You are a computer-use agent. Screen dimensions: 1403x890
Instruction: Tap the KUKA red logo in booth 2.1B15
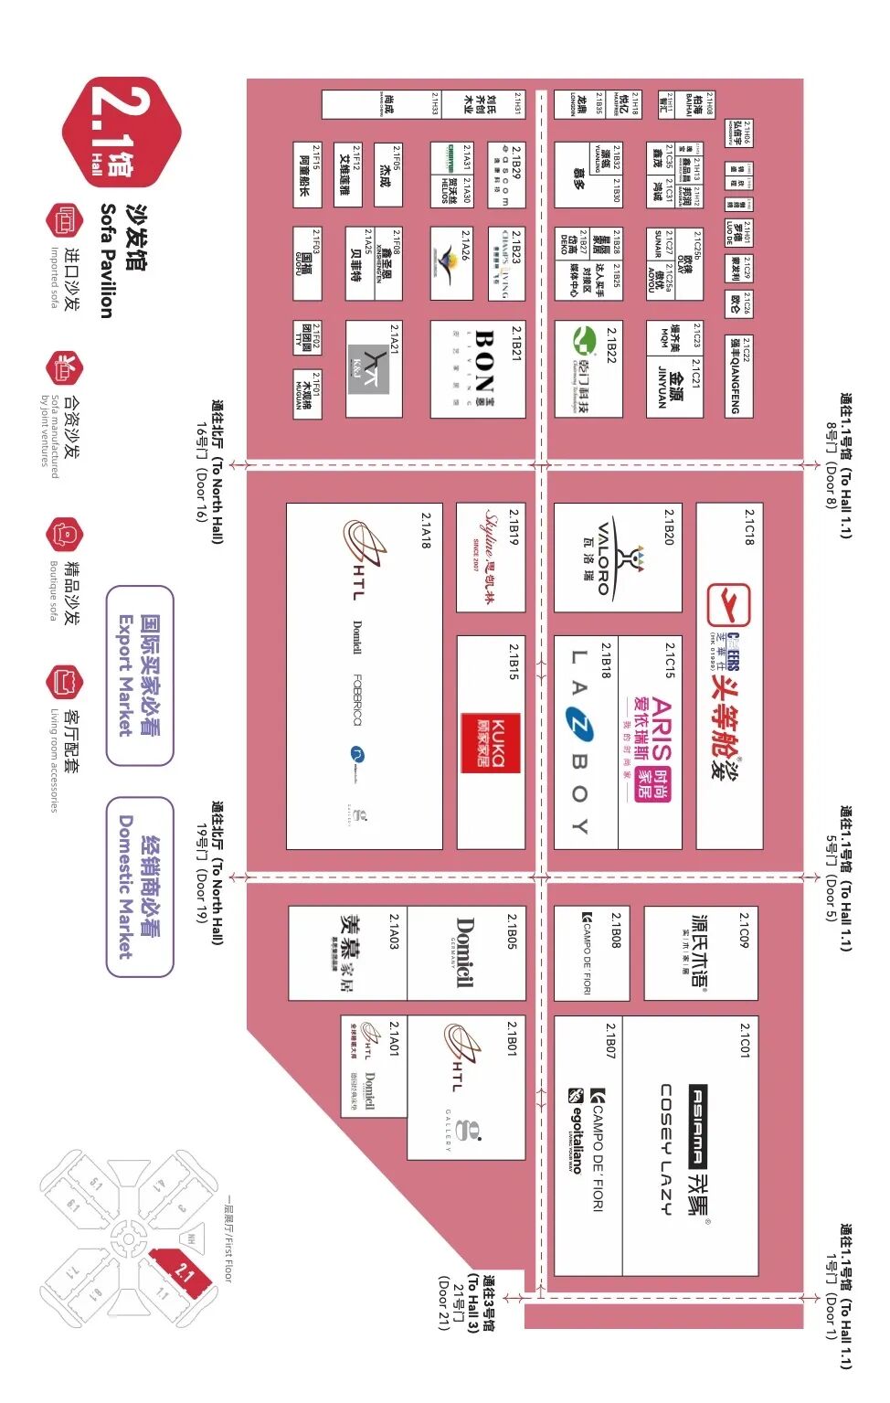[x=491, y=742]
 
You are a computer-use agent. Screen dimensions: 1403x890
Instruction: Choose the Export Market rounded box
[x=139, y=675]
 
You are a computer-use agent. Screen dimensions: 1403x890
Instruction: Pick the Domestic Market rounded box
[x=139, y=887]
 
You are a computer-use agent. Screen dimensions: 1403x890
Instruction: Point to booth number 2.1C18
[x=749, y=527]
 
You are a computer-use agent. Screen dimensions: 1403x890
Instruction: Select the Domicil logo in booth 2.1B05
[x=464, y=952]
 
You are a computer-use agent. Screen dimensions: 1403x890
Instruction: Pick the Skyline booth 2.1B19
[x=491, y=557]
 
